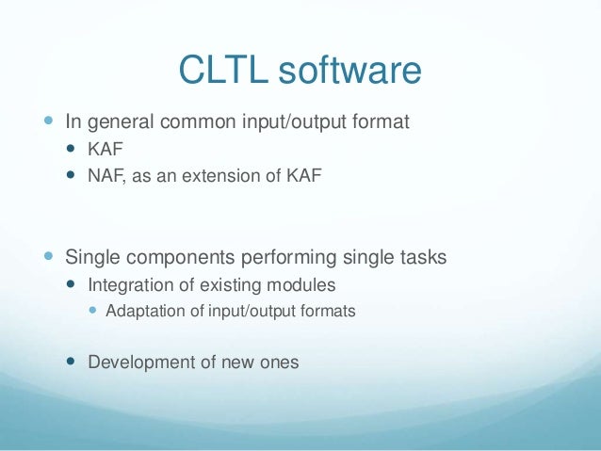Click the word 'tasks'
(x=422, y=257)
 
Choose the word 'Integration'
(x=126, y=284)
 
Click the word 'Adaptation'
(x=143, y=310)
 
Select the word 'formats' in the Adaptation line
(x=330, y=310)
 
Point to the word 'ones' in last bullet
(x=280, y=361)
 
